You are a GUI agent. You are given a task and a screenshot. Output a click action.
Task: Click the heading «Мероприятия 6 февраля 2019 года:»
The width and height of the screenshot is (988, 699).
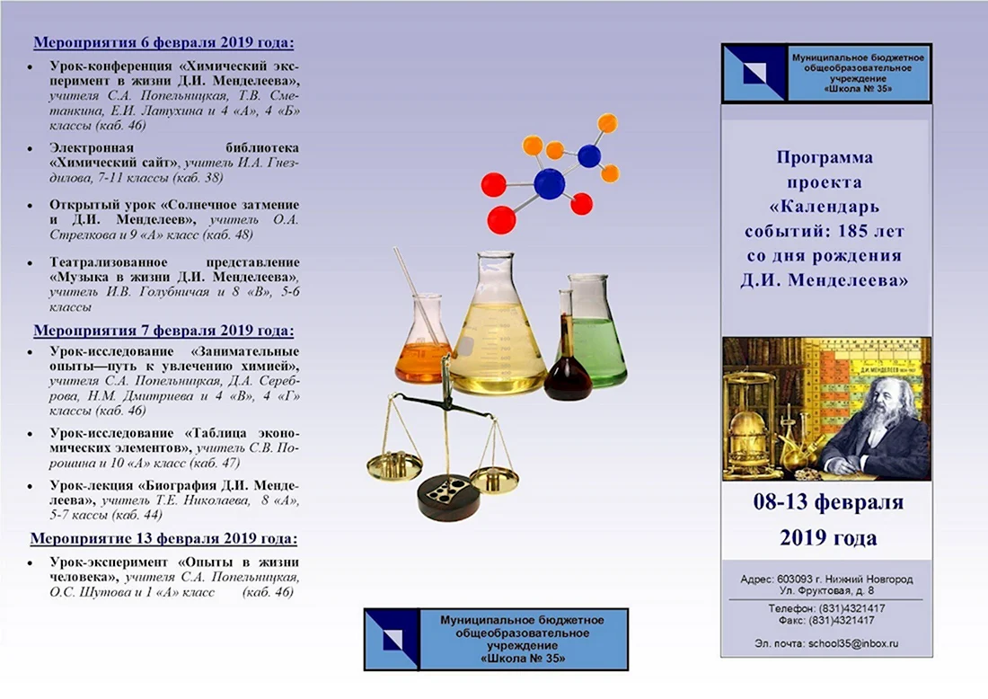(x=163, y=43)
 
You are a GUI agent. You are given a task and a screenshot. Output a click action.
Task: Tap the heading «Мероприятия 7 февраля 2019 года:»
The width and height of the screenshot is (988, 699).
(x=163, y=331)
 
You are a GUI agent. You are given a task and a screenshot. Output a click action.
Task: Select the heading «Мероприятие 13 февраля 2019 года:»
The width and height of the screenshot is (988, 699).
(x=163, y=539)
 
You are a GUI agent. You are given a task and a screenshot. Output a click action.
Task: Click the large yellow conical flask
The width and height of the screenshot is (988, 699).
(x=498, y=334)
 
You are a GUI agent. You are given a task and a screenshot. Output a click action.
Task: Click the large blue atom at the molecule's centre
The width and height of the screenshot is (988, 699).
(x=549, y=185)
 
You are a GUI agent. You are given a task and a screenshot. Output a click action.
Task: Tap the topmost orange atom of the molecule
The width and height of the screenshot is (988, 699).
(x=607, y=122)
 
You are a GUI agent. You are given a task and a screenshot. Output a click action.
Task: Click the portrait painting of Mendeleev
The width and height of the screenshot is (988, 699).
(x=826, y=409)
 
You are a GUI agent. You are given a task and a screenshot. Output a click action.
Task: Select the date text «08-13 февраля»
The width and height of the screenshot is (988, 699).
(x=828, y=502)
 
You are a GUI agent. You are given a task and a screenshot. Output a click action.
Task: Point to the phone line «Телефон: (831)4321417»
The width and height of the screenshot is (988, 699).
(x=826, y=608)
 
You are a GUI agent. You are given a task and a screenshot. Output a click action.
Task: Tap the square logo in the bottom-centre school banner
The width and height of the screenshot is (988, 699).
(x=392, y=639)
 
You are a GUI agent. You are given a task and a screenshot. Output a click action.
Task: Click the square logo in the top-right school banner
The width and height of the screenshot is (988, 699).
(x=754, y=73)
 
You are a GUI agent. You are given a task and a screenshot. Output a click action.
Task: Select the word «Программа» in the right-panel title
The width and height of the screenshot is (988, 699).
(x=825, y=157)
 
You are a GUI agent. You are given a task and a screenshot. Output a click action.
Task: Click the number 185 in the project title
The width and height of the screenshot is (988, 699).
(x=854, y=231)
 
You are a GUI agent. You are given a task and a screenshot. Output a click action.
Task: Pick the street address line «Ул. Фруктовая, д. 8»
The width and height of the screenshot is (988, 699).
(x=826, y=590)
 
